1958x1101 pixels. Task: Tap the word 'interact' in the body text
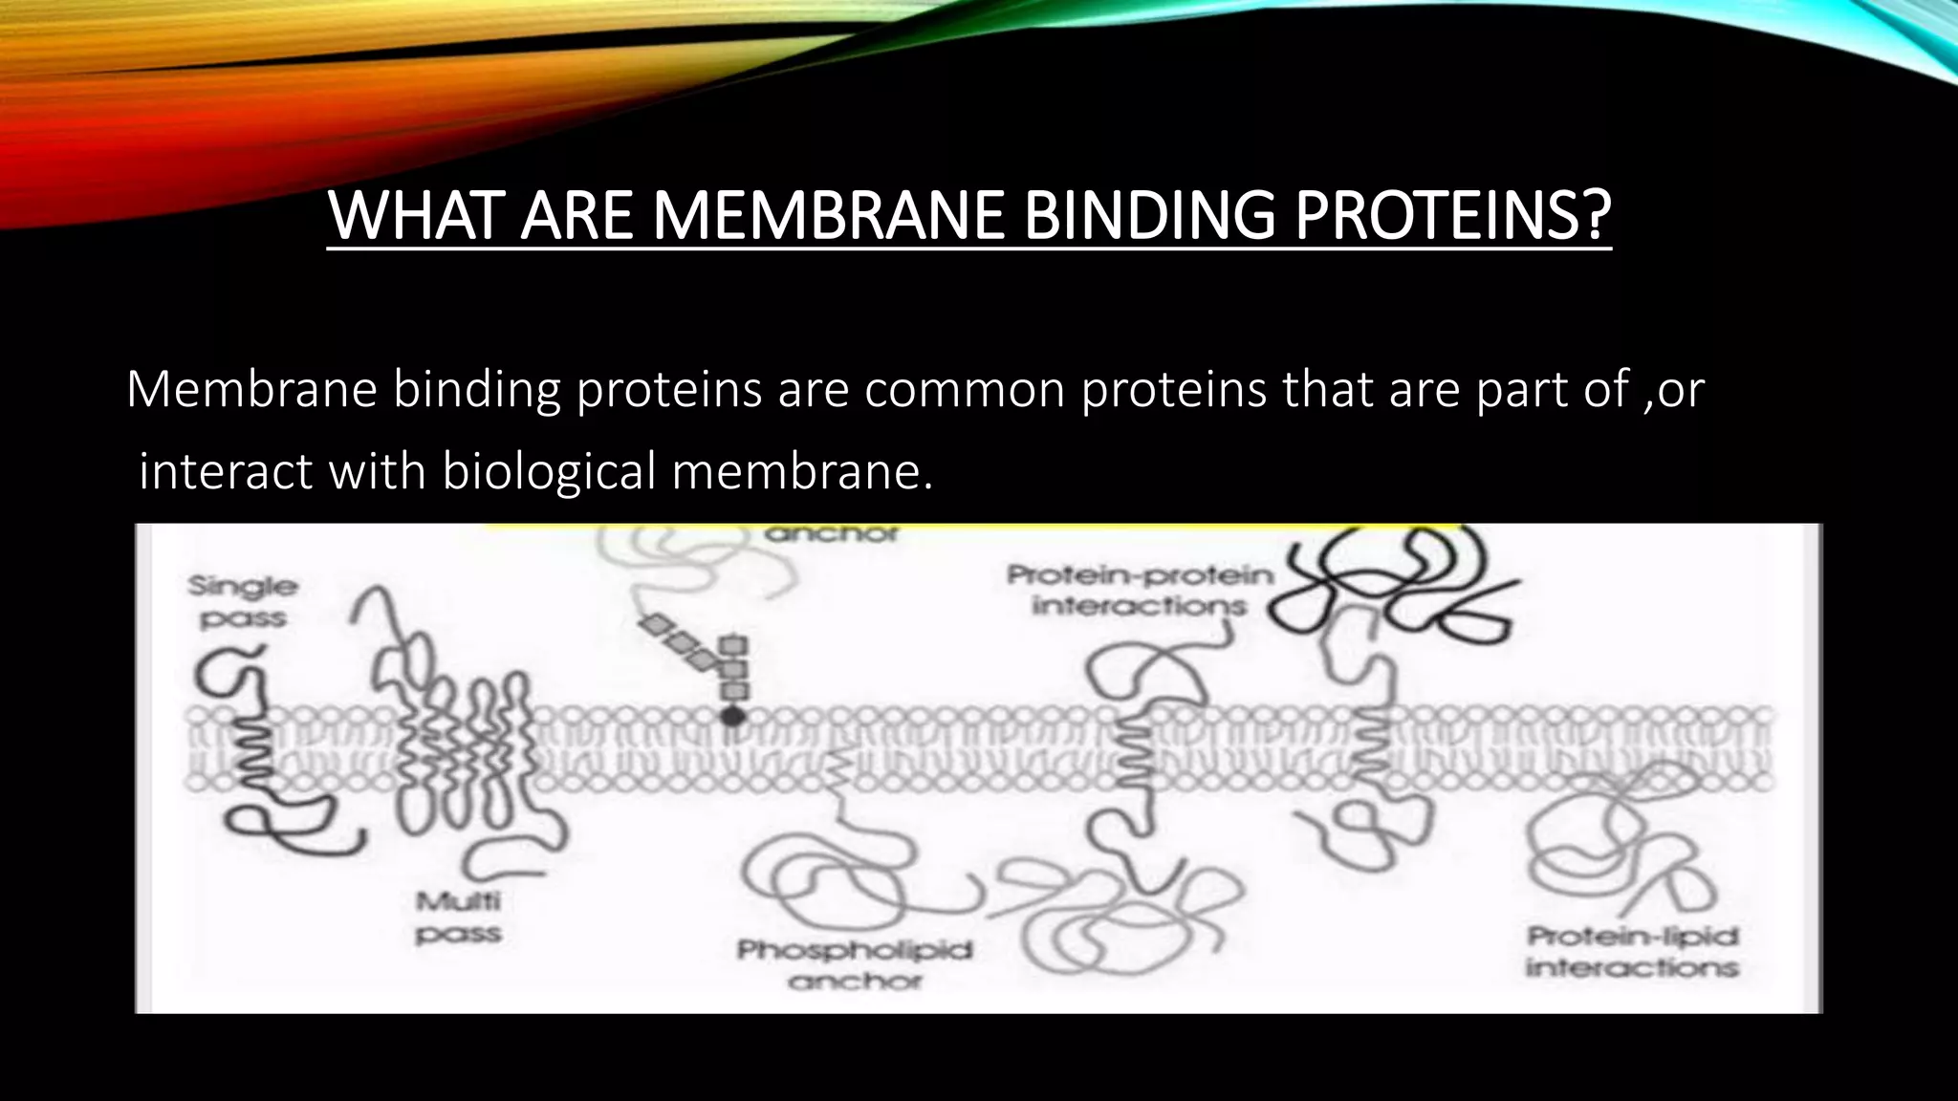pyautogui.click(x=226, y=471)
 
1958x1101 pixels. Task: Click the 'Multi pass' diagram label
pyautogui.click(x=458, y=917)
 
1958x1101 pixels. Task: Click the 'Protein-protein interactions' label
pyautogui.click(x=1141, y=591)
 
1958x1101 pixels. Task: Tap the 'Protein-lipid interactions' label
pyautogui.click(x=1632, y=952)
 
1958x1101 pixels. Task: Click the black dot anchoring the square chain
pyautogui.click(x=732, y=715)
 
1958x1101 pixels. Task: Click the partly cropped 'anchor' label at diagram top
pyautogui.click(x=831, y=534)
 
